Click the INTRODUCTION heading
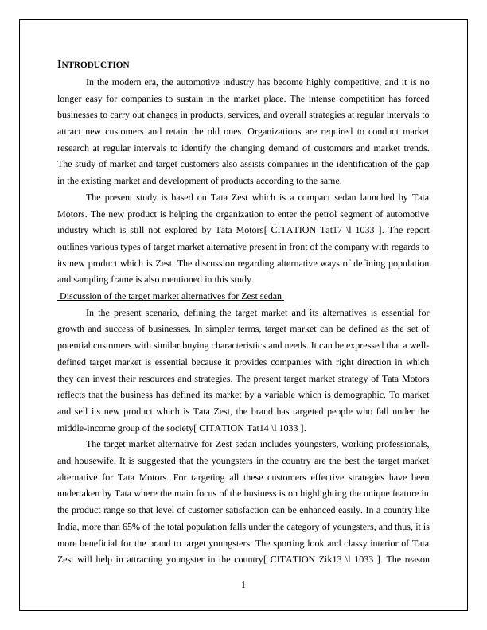(x=94, y=64)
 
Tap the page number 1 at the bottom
(x=243, y=586)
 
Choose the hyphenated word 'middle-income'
(x=83, y=428)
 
